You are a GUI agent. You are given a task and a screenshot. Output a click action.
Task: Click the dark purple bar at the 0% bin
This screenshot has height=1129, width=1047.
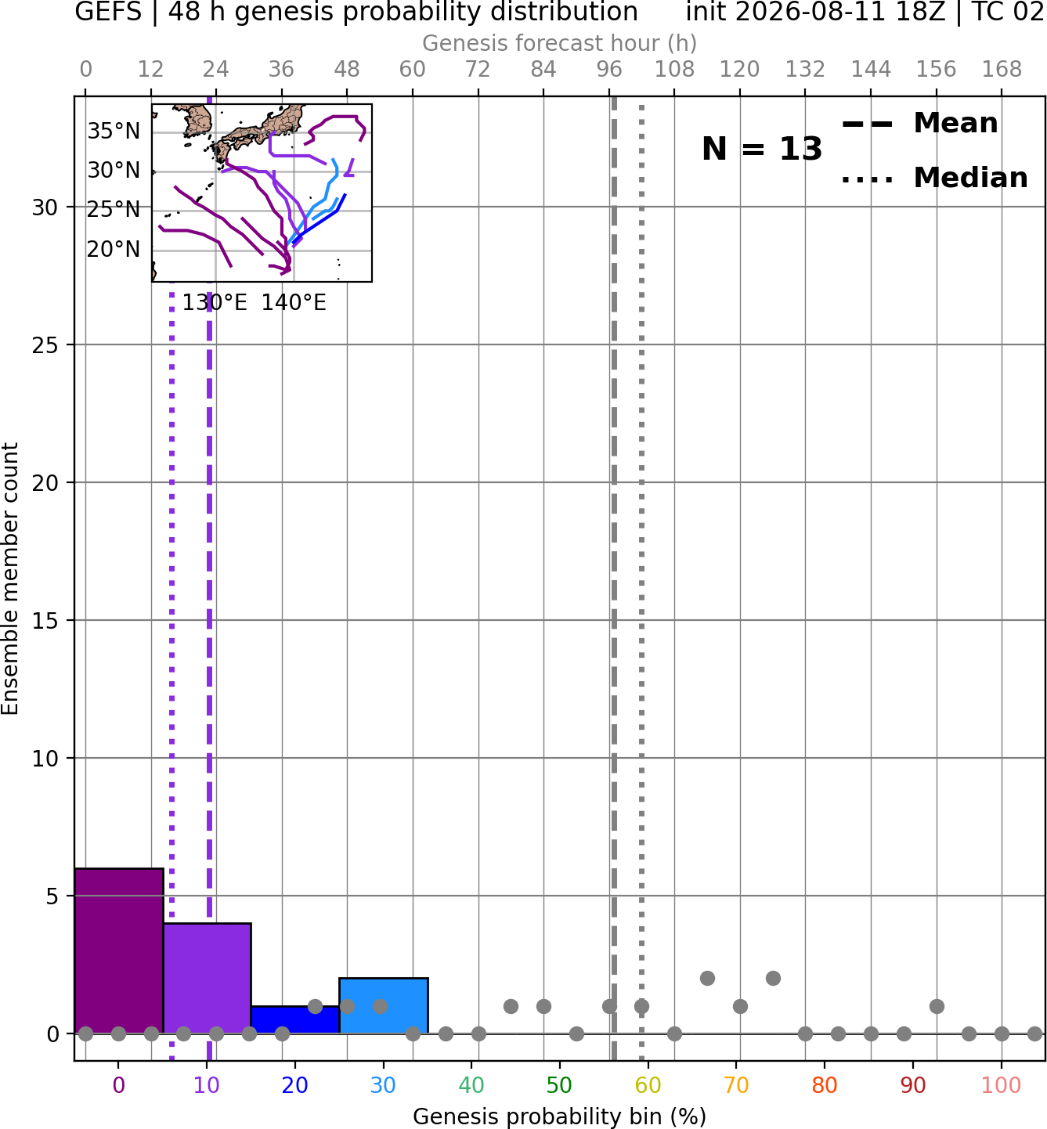tap(119, 951)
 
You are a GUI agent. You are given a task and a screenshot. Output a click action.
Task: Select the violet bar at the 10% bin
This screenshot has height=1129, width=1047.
tap(207, 979)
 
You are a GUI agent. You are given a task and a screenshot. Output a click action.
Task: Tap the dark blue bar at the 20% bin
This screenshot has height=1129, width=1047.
tap(295, 1020)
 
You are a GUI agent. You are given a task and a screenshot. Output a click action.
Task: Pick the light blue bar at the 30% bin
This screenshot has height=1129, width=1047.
tap(383, 1006)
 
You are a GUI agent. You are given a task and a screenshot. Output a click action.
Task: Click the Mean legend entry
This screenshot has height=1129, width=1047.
tap(920, 124)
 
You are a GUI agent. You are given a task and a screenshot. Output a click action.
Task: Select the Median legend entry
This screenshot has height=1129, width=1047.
tap(935, 178)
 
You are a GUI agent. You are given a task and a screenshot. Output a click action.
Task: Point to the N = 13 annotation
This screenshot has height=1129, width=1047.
tap(762, 149)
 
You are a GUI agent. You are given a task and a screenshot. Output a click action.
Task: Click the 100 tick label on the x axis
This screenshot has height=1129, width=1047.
tap(1002, 1086)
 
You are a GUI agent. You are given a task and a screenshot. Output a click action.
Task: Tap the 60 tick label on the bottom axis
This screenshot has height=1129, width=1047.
tap(648, 1086)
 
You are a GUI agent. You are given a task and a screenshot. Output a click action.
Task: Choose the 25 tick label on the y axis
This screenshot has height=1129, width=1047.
tap(45, 345)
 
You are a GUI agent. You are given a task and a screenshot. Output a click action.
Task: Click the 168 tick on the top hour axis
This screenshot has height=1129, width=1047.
tap(1002, 70)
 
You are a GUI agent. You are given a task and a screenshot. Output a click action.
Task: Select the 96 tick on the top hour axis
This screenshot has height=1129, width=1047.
tap(609, 70)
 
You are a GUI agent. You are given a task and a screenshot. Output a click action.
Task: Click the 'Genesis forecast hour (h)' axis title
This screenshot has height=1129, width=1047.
tap(560, 43)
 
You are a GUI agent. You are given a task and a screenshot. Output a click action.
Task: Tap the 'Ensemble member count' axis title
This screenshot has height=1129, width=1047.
tap(10, 579)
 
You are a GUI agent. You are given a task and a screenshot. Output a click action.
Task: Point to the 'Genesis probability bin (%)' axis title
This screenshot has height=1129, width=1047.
tap(560, 1116)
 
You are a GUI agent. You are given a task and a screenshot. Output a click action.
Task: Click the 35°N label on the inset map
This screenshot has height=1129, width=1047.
tap(114, 132)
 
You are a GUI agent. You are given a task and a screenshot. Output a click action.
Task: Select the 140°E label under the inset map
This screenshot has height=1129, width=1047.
tap(294, 302)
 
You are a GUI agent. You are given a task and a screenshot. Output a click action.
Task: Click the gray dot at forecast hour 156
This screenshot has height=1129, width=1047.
tap(937, 1006)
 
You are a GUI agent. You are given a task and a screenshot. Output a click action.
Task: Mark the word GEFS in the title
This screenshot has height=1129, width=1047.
tap(108, 12)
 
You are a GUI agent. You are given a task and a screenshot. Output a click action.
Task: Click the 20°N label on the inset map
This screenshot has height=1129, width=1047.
tap(114, 250)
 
